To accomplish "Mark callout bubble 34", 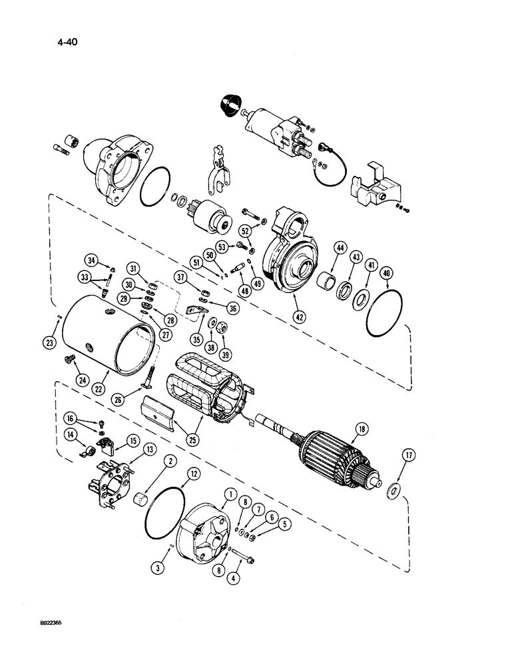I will pos(93,259).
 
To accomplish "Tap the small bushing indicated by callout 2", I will pos(141,499).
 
